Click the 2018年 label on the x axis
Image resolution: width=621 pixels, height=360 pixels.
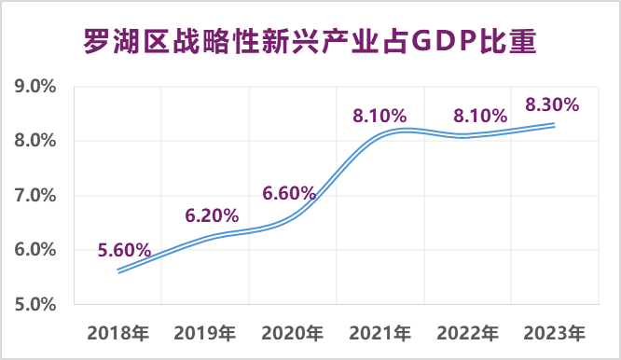click(117, 332)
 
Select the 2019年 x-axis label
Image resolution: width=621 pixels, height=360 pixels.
click(205, 332)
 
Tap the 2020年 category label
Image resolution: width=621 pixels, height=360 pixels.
click(292, 332)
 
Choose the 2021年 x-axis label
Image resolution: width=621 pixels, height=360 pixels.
click(379, 332)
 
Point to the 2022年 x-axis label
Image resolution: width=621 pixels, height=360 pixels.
click(467, 332)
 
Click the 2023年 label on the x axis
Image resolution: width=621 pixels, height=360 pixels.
click(555, 332)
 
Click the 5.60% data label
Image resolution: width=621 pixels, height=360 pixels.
click(124, 249)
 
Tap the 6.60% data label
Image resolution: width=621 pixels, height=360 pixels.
click(290, 194)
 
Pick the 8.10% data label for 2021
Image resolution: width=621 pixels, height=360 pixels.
click(379, 117)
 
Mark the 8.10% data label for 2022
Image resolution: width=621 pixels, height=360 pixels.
click(480, 117)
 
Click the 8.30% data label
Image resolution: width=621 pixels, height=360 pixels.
click(553, 104)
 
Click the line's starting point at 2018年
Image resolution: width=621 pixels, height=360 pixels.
click(118, 271)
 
